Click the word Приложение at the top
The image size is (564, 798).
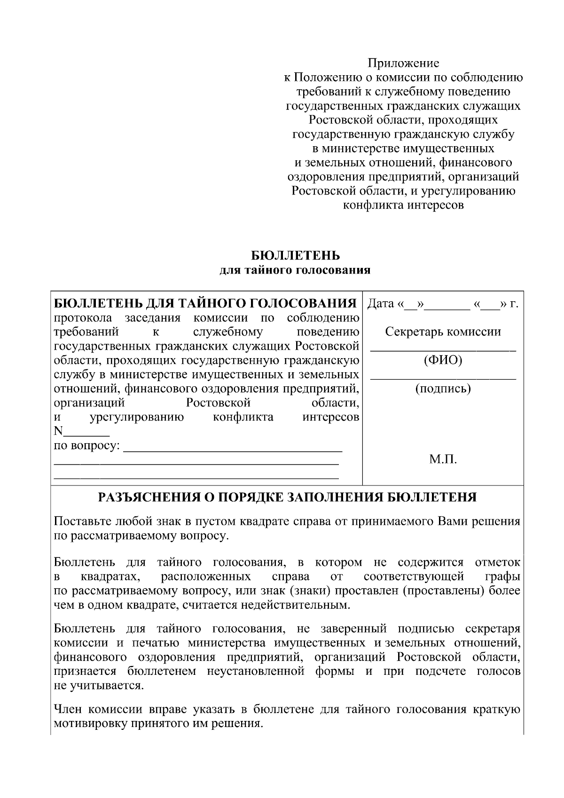click(403, 63)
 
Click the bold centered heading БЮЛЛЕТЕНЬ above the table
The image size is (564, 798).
click(296, 256)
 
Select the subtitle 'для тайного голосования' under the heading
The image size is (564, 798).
click(296, 270)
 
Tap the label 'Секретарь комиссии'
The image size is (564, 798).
click(443, 332)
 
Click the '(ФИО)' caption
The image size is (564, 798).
click(443, 360)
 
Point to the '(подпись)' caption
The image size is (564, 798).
click(443, 389)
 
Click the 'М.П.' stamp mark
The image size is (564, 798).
click(443, 460)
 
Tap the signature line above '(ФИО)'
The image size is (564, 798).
click(443, 350)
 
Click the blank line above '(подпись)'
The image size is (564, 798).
click(443, 378)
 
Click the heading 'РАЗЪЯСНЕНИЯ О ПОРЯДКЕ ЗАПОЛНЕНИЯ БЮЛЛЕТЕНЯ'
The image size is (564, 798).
click(287, 497)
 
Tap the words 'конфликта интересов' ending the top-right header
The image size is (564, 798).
click(403, 205)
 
